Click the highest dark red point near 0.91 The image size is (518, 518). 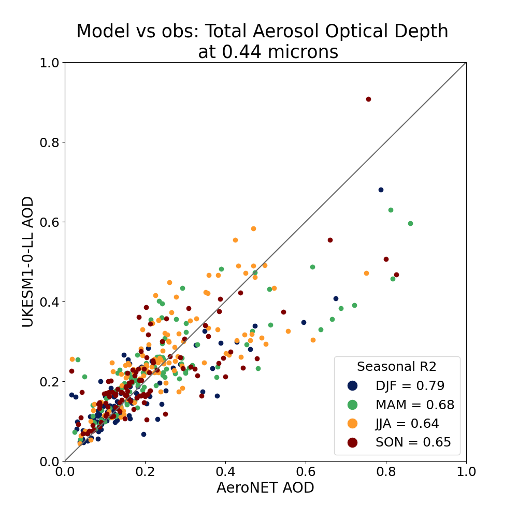[368, 99]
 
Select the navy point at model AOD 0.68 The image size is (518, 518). [381, 190]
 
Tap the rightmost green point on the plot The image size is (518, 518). [410, 223]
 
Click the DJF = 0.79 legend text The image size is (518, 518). [410, 385]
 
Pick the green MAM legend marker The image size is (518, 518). [353, 405]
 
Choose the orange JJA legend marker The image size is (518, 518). [353, 424]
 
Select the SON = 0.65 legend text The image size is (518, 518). [413, 442]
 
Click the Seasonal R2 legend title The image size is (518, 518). [396, 367]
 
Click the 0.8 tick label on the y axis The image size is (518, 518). [50, 142]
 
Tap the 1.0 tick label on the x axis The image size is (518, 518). [466, 472]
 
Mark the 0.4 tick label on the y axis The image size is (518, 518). [50, 301]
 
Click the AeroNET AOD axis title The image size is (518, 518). [265, 488]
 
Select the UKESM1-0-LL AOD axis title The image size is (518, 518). [28, 262]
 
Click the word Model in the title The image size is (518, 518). [100, 32]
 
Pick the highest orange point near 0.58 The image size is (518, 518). [253, 228]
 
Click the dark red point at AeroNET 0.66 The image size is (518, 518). [330, 240]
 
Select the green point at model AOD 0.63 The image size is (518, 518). [391, 210]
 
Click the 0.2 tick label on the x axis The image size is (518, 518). [145, 472]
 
